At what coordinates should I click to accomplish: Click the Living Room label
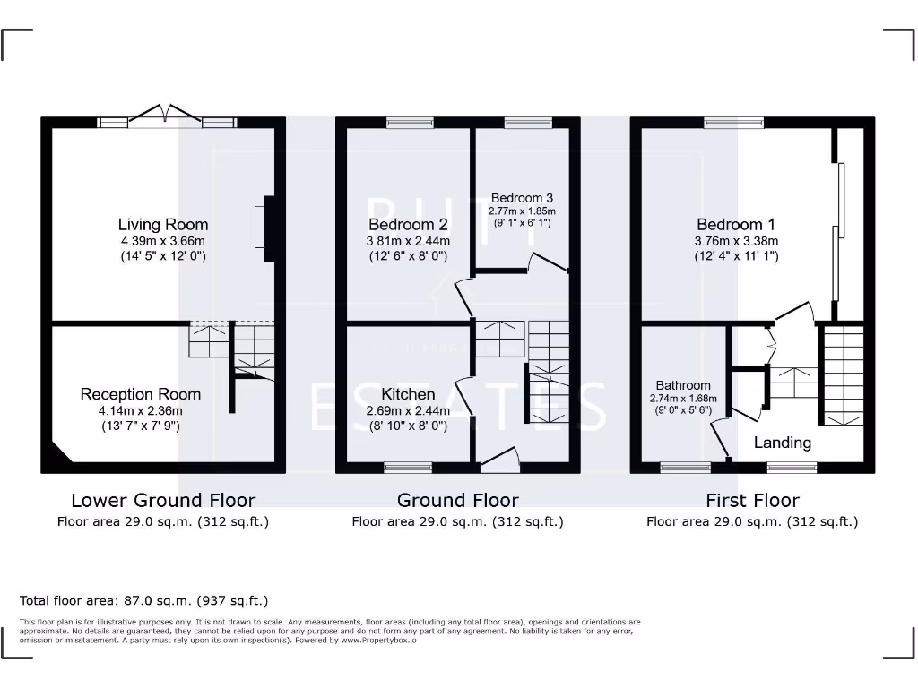[x=163, y=225]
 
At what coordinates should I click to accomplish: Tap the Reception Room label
[x=140, y=394]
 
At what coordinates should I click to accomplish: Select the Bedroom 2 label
[x=408, y=225]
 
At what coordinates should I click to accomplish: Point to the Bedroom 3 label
[x=522, y=198]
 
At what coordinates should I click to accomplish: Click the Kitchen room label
[x=408, y=394]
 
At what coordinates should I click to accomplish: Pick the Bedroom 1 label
[x=735, y=225]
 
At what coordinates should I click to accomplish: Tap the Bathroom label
[x=682, y=385]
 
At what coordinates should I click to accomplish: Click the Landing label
[x=782, y=443]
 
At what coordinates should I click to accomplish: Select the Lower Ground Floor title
[x=163, y=501]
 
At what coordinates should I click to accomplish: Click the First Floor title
[x=752, y=501]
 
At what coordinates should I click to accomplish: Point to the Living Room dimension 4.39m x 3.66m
[x=163, y=241]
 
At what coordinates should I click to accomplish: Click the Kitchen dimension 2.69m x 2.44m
[x=408, y=410]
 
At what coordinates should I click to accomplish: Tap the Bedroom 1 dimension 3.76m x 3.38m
[x=735, y=241]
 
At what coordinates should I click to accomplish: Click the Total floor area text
[x=143, y=601]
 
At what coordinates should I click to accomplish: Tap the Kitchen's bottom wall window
[x=408, y=467]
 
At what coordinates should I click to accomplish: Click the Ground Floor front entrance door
[x=500, y=460]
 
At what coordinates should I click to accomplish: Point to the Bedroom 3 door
[x=546, y=262]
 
